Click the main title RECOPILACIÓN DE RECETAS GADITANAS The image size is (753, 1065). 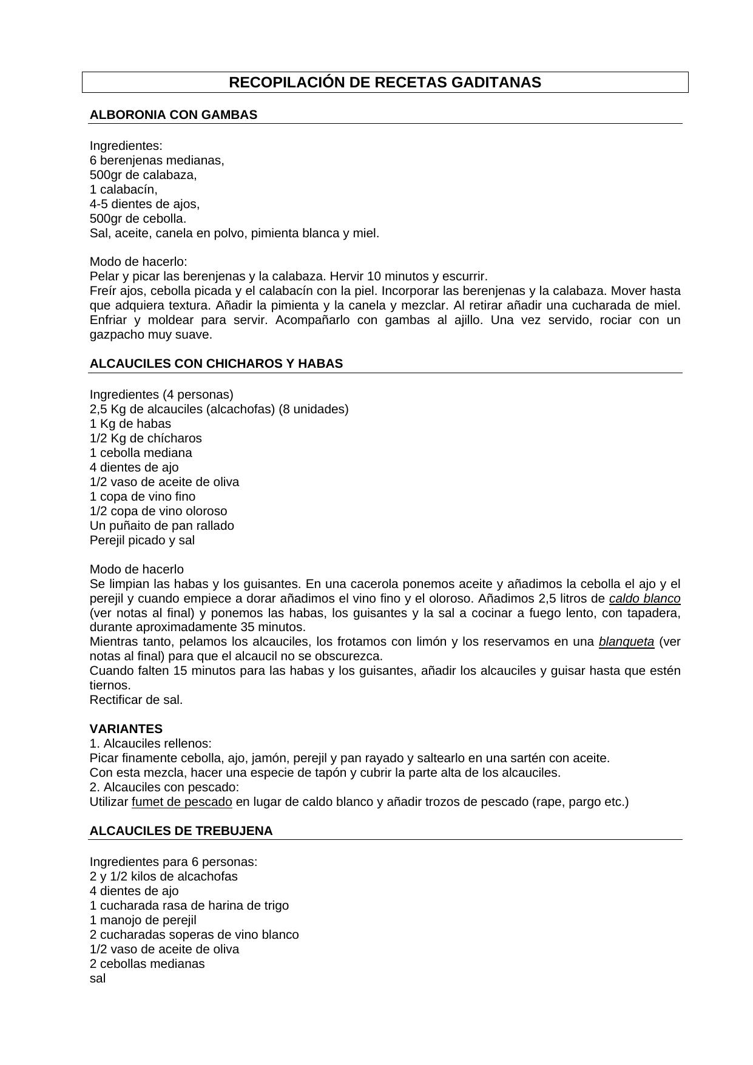385,83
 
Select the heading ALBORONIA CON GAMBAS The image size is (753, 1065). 173,115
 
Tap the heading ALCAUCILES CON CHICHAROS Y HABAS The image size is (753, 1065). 216,363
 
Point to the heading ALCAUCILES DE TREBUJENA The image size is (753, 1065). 181,831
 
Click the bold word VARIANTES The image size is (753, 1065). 126,729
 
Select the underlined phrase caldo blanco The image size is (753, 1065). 644,598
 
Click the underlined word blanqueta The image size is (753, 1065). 626,641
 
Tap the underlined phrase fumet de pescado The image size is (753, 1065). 181,802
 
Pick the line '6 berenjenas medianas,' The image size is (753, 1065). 157,160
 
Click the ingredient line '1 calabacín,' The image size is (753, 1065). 123,189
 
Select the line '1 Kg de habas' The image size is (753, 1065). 130,424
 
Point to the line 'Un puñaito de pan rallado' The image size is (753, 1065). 161,526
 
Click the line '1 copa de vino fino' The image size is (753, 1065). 143,496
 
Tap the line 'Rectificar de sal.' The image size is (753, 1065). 136,700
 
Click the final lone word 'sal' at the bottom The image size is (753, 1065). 97,978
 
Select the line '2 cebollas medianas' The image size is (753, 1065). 147,964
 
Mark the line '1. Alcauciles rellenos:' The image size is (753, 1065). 150,743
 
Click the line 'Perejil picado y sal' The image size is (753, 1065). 142,540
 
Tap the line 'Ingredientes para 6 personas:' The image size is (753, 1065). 173,862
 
